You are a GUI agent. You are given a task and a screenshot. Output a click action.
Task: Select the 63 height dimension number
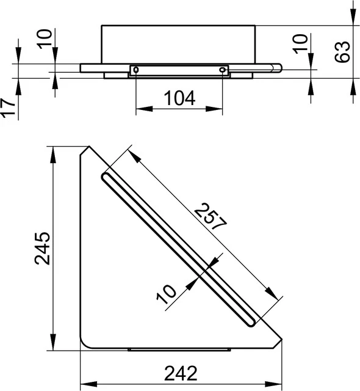point(344,52)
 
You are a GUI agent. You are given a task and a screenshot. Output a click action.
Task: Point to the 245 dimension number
point(42,248)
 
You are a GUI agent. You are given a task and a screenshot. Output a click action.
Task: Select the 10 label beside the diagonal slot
point(166,295)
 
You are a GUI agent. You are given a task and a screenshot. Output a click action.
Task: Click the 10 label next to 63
point(299,43)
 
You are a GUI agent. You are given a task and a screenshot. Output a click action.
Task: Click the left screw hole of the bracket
point(136,70)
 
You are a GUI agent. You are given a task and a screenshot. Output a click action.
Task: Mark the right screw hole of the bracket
point(222,70)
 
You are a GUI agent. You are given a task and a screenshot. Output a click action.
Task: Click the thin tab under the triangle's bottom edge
point(180,350)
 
